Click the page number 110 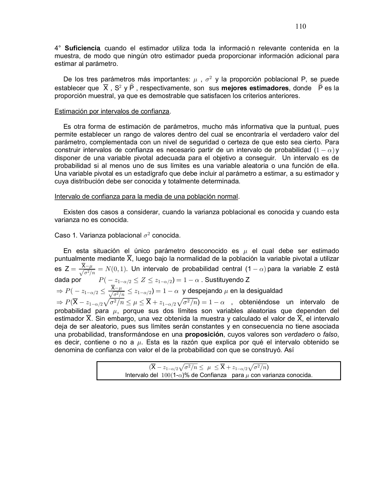pos(301,26)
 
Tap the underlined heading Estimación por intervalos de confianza pos(112,111)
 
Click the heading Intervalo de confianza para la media pos(146,197)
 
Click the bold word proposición pos(204,334)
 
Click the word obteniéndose pos(259,302)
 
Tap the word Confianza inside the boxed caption pos(213,375)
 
